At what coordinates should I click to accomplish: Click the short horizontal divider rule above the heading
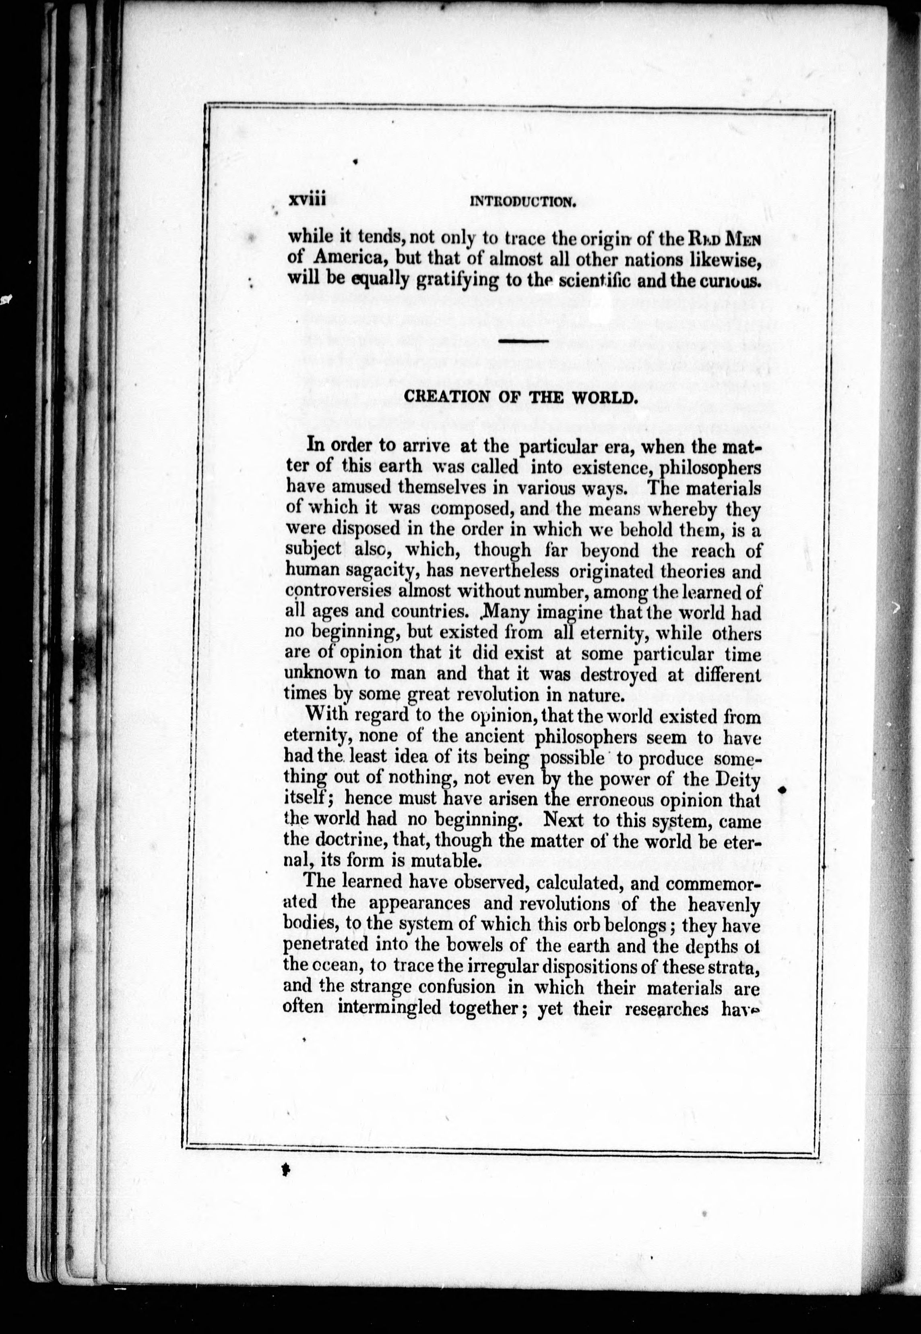click(522, 343)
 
